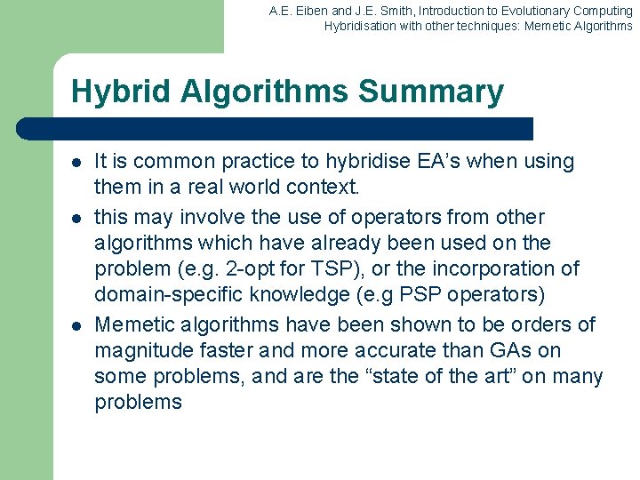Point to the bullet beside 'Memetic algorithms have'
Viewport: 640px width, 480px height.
click(x=77, y=325)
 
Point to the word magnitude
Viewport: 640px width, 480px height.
click(x=142, y=349)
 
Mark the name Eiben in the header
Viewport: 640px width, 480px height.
click(x=308, y=12)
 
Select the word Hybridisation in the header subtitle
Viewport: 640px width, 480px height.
click(x=359, y=27)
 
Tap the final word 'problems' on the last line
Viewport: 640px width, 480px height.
click(x=138, y=402)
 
